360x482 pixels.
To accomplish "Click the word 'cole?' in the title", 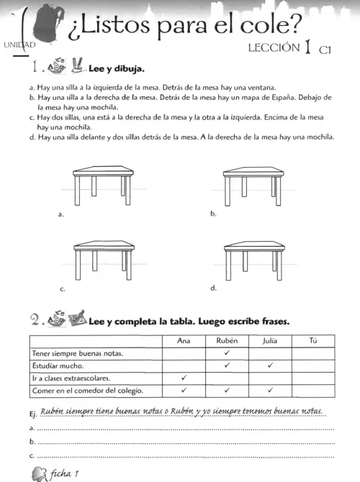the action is (x=270, y=24).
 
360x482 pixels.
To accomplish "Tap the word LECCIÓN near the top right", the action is (x=274, y=47).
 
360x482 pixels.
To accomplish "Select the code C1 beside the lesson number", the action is (x=325, y=50).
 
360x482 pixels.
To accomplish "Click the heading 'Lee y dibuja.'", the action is (x=117, y=68).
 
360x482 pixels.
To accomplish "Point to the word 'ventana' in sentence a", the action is (x=261, y=88).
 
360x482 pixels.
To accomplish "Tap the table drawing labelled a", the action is (x=103, y=186).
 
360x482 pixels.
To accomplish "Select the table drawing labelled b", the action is (x=253, y=186).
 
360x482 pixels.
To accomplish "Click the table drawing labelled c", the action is (x=104, y=260).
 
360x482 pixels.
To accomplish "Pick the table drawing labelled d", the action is (x=254, y=260).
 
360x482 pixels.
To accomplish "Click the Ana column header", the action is (x=184, y=340).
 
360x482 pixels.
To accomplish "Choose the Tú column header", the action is (x=313, y=340).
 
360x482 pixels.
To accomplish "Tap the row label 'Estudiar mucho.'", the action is (x=58, y=365).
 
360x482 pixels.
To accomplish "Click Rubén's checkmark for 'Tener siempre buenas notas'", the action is (x=227, y=353).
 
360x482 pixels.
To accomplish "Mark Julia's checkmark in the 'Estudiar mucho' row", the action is (x=270, y=365).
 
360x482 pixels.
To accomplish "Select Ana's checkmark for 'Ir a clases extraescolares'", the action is (x=184, y=378).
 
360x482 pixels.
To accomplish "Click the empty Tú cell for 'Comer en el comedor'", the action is (x=313, y=391).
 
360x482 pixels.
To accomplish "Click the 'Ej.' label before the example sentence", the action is (x=33, y=414).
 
